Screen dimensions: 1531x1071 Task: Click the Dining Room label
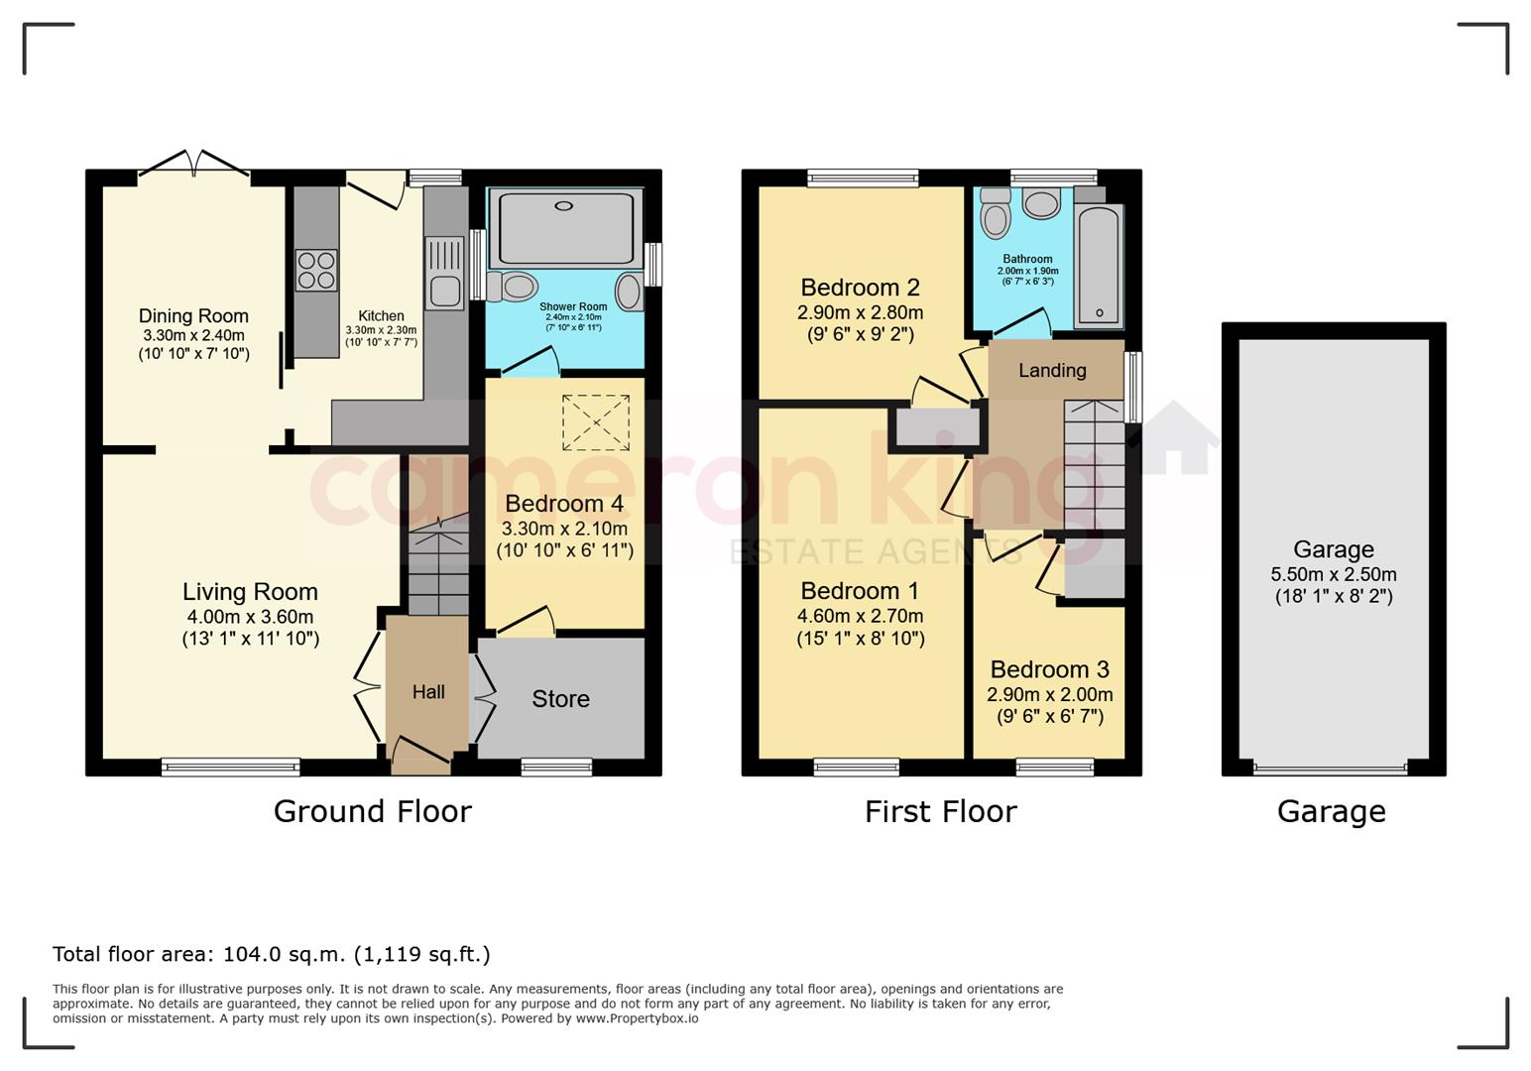193,315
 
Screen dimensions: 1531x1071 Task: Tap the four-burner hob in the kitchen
316,271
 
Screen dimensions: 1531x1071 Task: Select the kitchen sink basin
445,292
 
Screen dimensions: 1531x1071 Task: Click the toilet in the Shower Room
513,287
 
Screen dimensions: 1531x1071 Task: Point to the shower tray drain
564,205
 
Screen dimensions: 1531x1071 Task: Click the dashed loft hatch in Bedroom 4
596,422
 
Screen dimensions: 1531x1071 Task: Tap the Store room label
560,698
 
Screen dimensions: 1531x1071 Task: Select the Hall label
428,691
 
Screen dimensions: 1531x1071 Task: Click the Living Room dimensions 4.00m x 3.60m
250,617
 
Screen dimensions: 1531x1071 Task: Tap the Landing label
1053,371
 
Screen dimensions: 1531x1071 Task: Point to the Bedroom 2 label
860,287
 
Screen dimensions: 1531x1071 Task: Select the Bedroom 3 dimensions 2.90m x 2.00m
1050,694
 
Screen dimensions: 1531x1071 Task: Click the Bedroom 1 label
860,590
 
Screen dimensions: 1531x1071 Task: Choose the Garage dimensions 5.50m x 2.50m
1334,574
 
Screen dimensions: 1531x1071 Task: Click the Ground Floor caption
373,811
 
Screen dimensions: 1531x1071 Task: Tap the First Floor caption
941,811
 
